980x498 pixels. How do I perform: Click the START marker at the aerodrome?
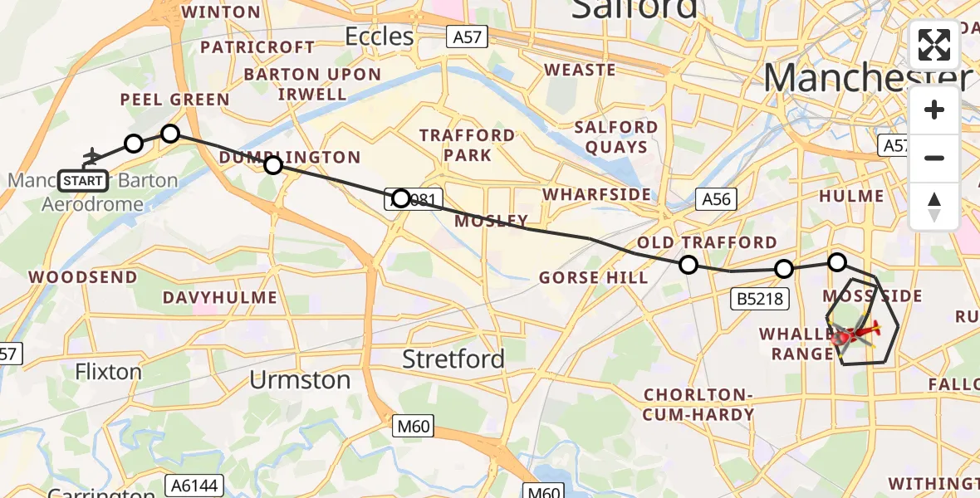[x=83, y=180]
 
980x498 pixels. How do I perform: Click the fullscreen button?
[x=934, y=45]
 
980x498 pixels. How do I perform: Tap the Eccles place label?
[x=379, y=37]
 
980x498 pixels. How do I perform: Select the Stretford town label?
[x=453, y=359]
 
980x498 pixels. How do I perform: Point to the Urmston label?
[x=301, y=380]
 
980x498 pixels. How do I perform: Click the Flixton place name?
[x=108, y=371]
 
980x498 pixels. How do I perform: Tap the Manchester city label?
[x=867, y=79]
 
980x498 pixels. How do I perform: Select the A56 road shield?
[x=715, y=199]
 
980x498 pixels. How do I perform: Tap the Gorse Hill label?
[x=594, y=277]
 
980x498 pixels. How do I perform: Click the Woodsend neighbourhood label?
[x=83, y=276]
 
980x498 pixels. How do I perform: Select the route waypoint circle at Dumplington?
[x=273, y=165]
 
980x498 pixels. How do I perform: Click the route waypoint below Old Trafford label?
[x=688, y=265]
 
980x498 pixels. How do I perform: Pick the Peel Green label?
[x=174, y=100]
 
